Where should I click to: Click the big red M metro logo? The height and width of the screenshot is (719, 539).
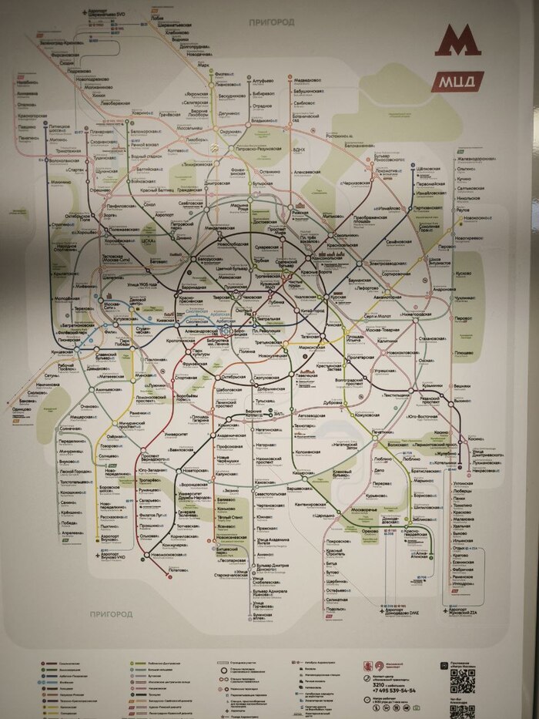(457, 42)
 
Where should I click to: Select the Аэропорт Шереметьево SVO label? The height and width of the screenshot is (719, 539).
(105, 15)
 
